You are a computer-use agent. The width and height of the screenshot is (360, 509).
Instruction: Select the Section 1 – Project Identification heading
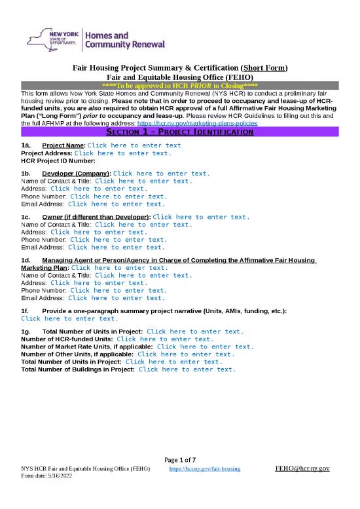coord(180,132)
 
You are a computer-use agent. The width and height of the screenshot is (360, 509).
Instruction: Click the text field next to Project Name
coord(134,145)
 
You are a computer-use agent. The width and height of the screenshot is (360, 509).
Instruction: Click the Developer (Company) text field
coord(162,174)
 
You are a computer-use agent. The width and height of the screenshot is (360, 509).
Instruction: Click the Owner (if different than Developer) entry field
coord(200,217)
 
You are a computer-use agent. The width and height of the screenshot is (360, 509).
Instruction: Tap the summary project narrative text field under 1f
coord(70,318)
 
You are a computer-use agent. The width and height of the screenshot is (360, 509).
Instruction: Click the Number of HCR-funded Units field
coord(165,339)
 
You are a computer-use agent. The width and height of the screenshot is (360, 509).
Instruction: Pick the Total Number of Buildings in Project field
coord(187,369)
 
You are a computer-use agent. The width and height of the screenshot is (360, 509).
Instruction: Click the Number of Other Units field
coord(186,354)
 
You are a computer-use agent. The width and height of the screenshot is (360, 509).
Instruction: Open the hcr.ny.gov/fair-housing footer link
coord(205,470)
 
